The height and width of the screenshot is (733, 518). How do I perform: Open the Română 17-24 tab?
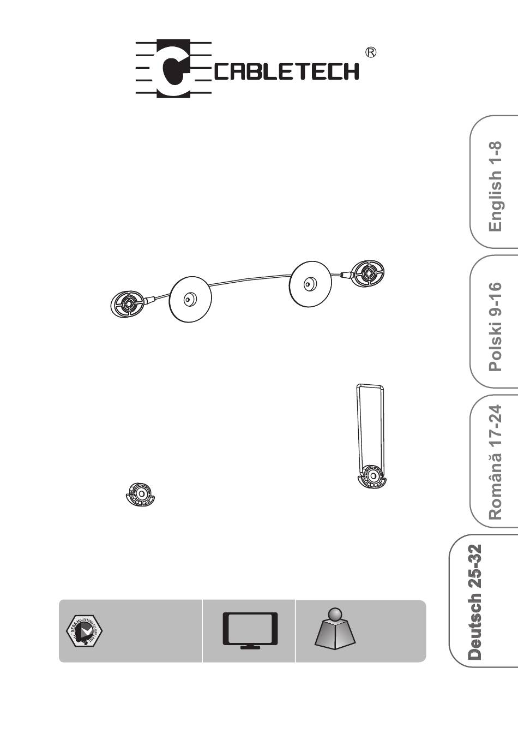(x=495, y=461)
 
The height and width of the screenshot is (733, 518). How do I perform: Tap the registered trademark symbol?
(x=371, y=52)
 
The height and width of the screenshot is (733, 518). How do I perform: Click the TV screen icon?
(x=250, y=628)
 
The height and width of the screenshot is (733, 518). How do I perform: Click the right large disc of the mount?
(x=310, y=284)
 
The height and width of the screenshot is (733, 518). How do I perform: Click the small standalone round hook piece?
(x=141, y=494)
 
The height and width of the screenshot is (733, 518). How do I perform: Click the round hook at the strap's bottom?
(x=372, y=476)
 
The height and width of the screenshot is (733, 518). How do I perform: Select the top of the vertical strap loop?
(x=370, y=387)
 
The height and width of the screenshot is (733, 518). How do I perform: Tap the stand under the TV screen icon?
(x=250, y=647)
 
